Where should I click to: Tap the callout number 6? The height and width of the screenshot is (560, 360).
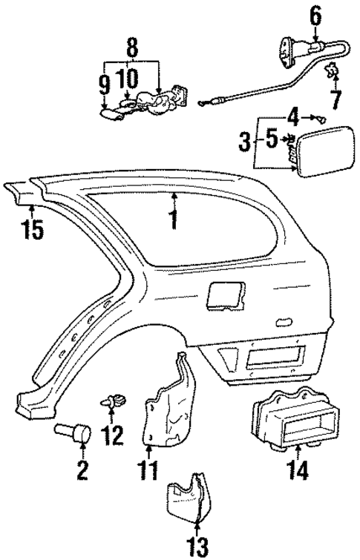point(315,13)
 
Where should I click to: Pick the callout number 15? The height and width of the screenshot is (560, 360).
point(32,229)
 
